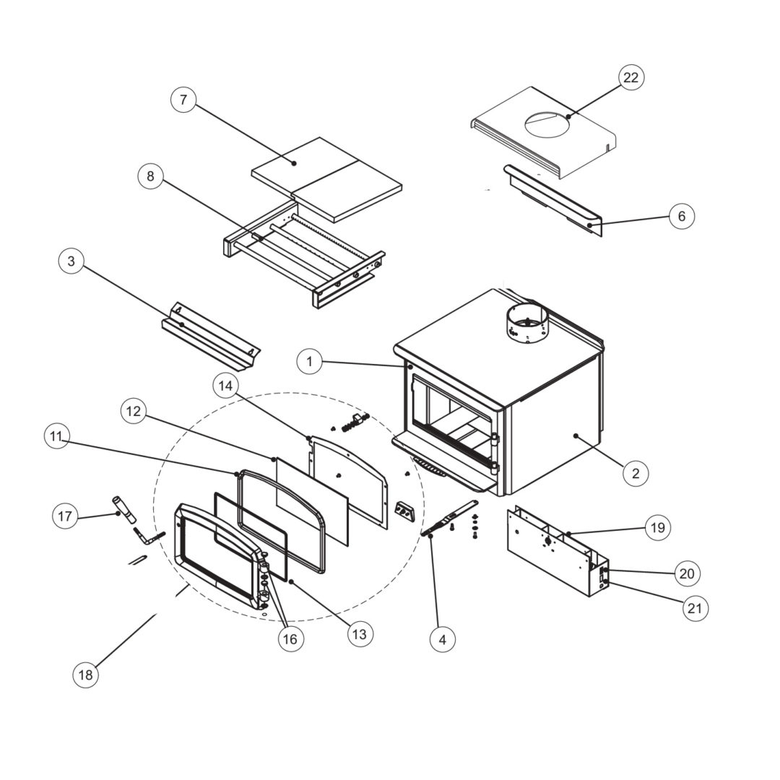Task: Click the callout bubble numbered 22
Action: coord(630,77)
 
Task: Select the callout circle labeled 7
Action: coord(183,100)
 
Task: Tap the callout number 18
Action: coord(85,675)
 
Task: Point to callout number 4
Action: coord(443,638)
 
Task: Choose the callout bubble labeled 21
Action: coord(694,608)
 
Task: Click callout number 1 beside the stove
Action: coord(310,361)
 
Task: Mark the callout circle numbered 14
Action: coord(226,386)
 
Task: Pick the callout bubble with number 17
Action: coord(65,516)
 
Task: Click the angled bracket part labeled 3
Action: coord(209,336)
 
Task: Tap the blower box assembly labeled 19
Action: coord(556,552)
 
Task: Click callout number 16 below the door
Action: coord(289,638)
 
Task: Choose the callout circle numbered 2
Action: coord(636,473)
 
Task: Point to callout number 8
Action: coord(150,176)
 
